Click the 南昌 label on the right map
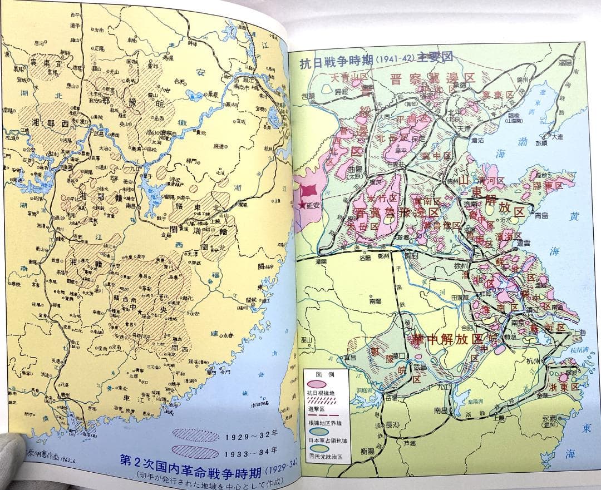point(441,410)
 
